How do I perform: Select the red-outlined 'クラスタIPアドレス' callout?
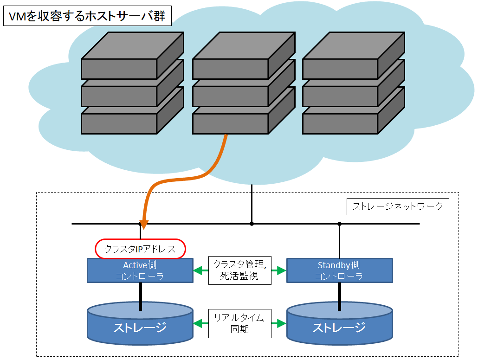[140, 249]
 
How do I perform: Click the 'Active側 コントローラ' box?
[140, 270]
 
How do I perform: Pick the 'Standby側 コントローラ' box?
[339, 270]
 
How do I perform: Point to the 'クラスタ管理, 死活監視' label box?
[239, 270]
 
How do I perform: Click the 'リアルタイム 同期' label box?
[239, 323]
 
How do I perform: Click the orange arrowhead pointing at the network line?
[143, 225]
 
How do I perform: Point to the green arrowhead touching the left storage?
[198, 323]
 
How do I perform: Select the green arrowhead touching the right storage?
[281, 323]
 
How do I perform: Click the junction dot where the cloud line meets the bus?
[252, 224]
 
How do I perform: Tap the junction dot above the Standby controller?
[339, 224]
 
